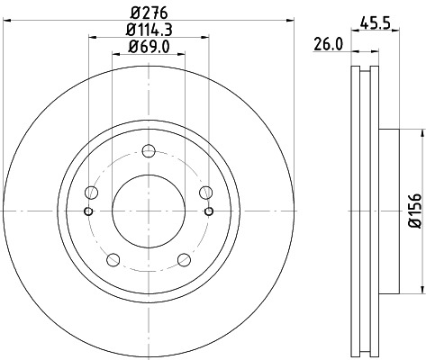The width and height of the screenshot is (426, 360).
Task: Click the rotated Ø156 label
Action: pyautogui.click(x=413, y=209)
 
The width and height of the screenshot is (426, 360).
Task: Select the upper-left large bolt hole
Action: pyautogui.click(x=91, y=191)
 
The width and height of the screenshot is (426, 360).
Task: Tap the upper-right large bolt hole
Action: pyautogui.click(x=206, y=191)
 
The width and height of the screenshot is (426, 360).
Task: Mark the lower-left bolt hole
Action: pyautogui.click(x=113, y=259)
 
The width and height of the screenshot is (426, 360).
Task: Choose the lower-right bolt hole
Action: pyautogui.click(x=185, y=259)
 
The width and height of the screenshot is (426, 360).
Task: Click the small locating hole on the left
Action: pyautogui.click(x=88, y=211)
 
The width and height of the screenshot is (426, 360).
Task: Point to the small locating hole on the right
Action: pyautogui.click(x=209, y=211)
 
